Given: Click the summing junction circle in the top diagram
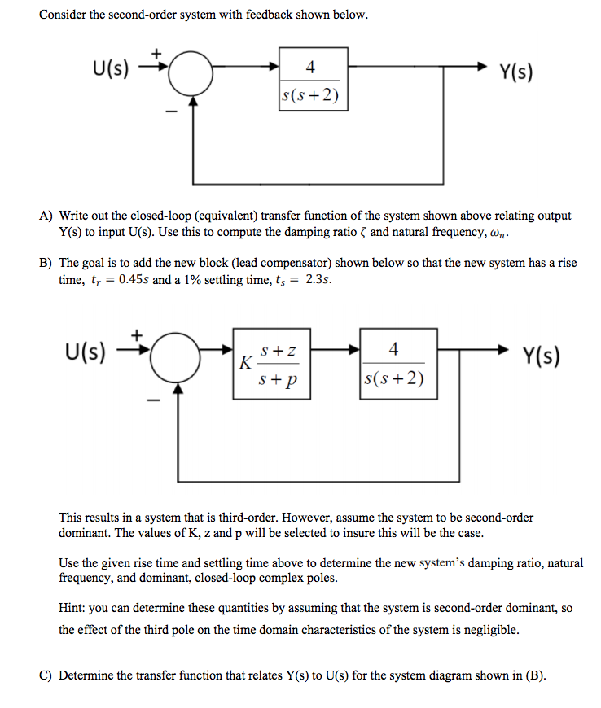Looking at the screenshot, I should pos(193,77).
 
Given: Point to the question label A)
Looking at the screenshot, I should pos(46,216).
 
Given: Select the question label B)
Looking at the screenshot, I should pos(46,264).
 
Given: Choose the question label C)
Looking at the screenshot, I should pos(46,675).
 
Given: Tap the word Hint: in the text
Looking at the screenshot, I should pos(74,606).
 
